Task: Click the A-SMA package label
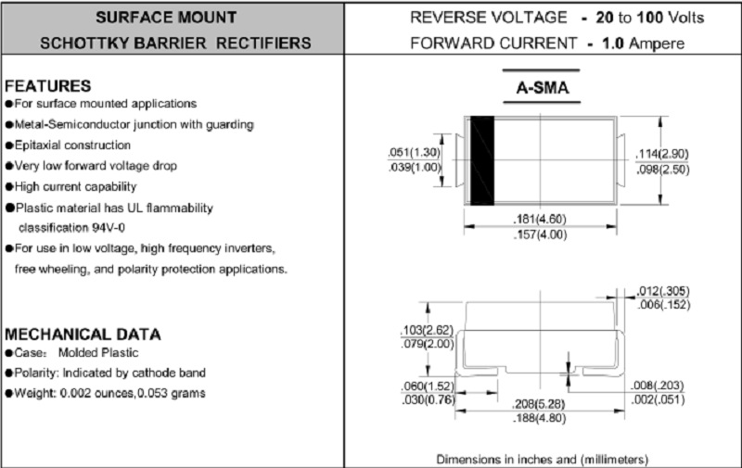click(x=542, y=89)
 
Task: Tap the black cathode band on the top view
click(x=480, y=160)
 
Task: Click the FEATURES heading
click(x=48, y=84)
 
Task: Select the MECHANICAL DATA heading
click(x=83, y=334)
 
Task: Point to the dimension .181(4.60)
click(x=539, y=219)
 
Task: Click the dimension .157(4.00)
click(x=539, y=234)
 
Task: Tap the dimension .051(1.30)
click(x=414, y=153)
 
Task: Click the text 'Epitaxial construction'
click(x=71, y=145)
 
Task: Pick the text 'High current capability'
click(x=74, y=186)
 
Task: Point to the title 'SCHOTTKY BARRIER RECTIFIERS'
click(x=175, y=44)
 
